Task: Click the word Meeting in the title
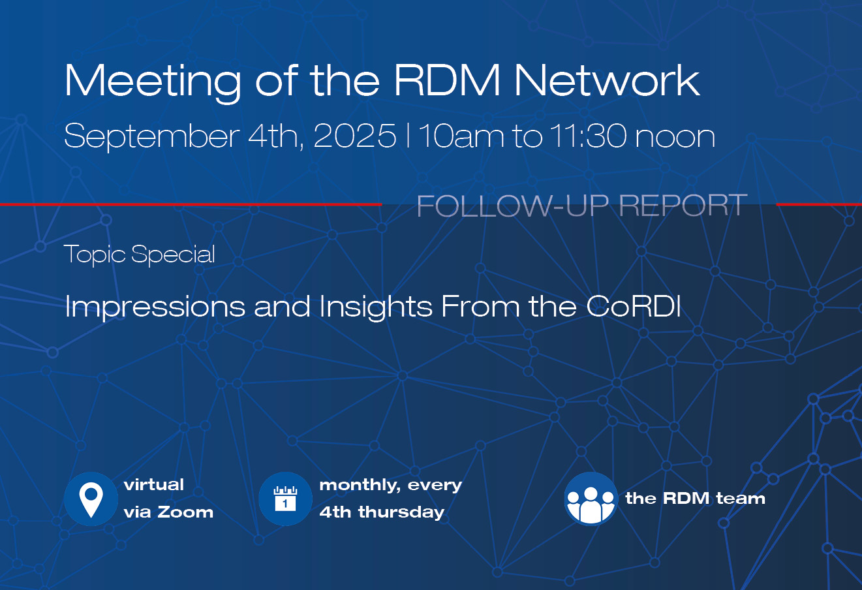pos(152,82)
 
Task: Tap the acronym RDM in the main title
pos(447,80)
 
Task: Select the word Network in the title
pos(607,80)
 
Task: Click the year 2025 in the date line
pos(355,136)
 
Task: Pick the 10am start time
pos(461,136)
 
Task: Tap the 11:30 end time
pos(588,136)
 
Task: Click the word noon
pos(675,138)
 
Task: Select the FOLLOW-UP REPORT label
pos(582,206)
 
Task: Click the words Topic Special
pos(140,255)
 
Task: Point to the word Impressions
pos(155,307)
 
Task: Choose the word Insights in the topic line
pos(376,307)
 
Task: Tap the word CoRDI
pos(634,306)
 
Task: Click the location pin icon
pos(91,499)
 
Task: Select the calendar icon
pos(285,499)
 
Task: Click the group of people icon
pos(591,499)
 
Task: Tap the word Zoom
pos(185,512)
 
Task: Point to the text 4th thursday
pos(382,513)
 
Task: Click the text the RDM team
pos(696,499)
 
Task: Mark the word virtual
pos(154,484)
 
